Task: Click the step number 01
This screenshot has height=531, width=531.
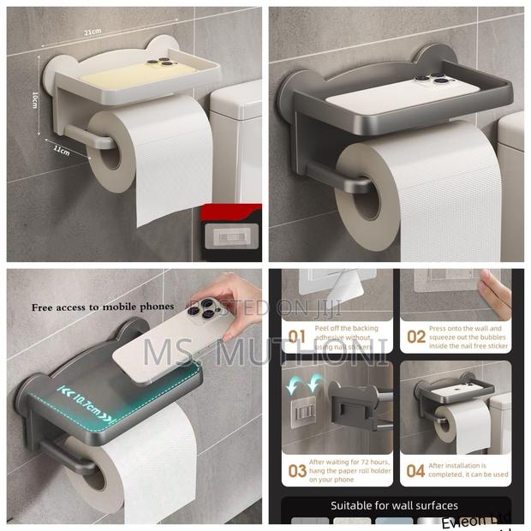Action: (x=296, y=337)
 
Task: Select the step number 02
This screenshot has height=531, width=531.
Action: (x=415, y=337)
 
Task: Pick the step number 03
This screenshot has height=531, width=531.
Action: (x=296, y=470)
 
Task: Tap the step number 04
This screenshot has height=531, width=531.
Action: (x=415, y=470)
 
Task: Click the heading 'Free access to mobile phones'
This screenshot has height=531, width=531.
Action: (x=103, y=307)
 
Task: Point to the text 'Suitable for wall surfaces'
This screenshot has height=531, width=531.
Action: (x=394, y=505)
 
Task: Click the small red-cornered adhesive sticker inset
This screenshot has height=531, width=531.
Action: (x=229, y=233)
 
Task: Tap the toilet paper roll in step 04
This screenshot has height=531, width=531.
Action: (x=462, y=428)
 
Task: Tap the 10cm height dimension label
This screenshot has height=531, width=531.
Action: (x=35, y=98)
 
